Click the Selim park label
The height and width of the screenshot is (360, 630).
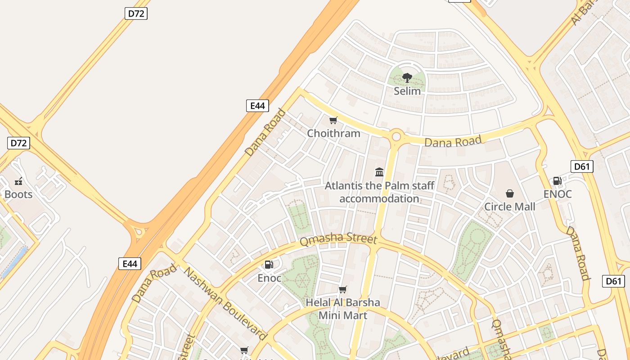pyautogui.click(x=407, y=91)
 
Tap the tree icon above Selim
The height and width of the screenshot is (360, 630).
pyautogui.click(x=407, y=78)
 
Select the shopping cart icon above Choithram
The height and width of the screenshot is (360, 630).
pyautogui.click(x=333, y=120)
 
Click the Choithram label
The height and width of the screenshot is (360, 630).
pyautogui.click(x=333, y=133)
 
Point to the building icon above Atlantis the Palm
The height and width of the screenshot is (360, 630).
pyautogui.click(x=379, y=172)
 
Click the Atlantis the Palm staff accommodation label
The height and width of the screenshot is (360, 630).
pyautogui.click(x=379, y=192)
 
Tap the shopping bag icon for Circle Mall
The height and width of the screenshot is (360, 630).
pyautogui.click(x=510, y=193)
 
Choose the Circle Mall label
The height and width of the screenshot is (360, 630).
pyautogui.click(x=510, y=207)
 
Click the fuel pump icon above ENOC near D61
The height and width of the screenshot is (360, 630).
pyautogui.click(x=557, y=181)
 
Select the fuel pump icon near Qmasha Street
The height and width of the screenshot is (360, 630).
pyautogui.click(x=269, y=265)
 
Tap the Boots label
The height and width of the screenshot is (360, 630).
pyautogui.click(x=18, y=194)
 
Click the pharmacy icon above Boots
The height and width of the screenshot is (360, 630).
pyautogui.click(x=18, y=181)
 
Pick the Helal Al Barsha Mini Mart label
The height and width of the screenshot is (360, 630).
pyautogui.click(x=343, y=309)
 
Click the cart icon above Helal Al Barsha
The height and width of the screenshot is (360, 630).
pyautogui.click(x=343, y=289)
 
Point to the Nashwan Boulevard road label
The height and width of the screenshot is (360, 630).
pyautogui.click(x=225, y=304)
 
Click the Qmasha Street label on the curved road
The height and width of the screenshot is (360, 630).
pyautogui.click(x=338, y=239)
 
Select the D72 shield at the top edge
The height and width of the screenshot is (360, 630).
pyautogui.click(x=136, y=13)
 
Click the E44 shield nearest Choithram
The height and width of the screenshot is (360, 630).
pyautogui.click(x=257, y=106)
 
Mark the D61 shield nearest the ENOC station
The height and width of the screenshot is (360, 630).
pyautogui.click(x=582, y=166)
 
